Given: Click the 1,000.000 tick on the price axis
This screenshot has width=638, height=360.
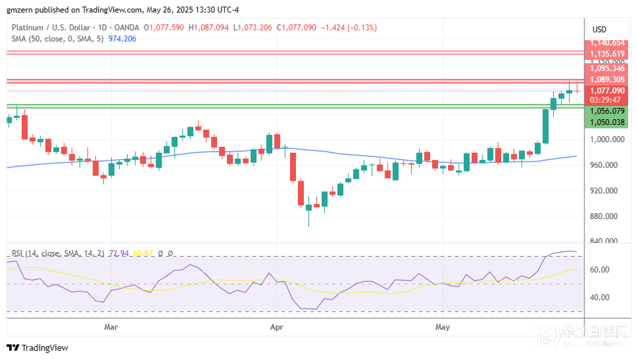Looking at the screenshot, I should (608, 140).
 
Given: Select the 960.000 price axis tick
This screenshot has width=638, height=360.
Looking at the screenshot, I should (608, 165).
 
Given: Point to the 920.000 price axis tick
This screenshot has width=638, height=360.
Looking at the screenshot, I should (608, 191).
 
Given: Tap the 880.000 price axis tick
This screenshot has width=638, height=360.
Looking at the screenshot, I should (608, 216).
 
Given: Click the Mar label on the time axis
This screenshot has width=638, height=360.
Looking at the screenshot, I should (111, 327).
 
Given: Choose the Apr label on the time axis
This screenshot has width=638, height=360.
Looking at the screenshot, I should (277, 327).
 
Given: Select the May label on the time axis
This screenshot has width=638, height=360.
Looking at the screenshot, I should (442, 327).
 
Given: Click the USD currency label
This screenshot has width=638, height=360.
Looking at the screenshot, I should (600, 29).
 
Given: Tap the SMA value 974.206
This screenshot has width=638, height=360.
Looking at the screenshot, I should (122, 38).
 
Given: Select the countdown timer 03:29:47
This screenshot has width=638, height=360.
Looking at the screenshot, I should (605, 100).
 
